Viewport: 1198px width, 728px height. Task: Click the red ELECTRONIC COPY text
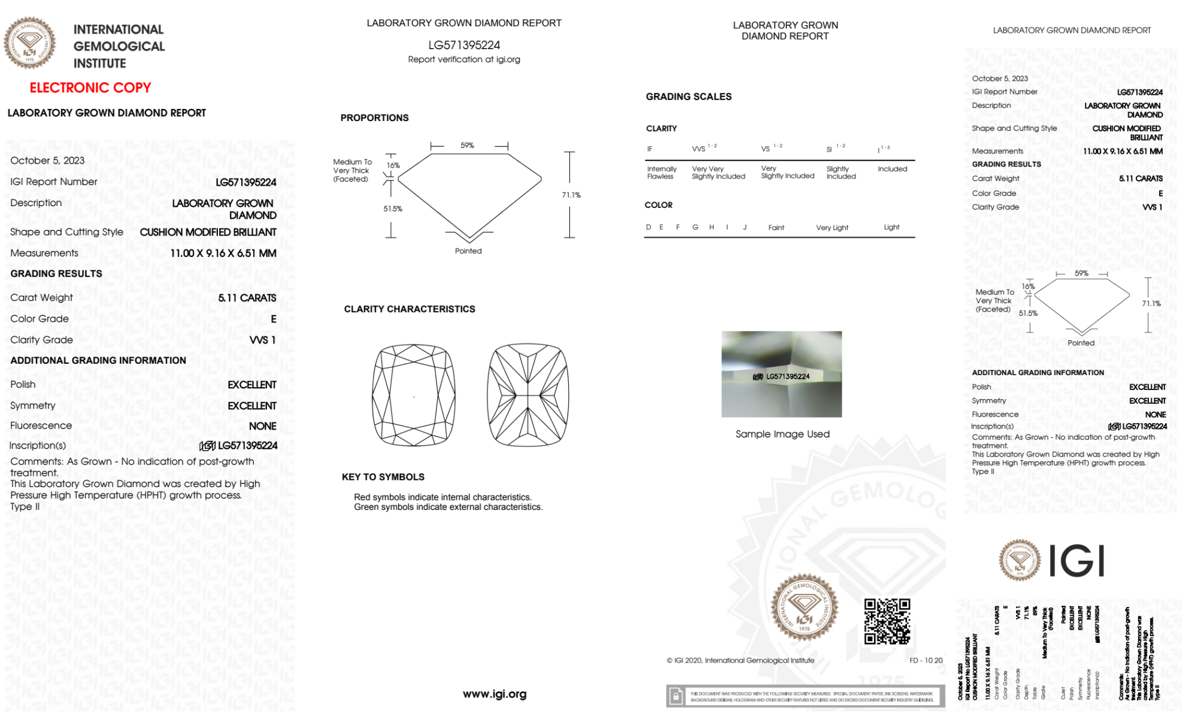coord(90,87)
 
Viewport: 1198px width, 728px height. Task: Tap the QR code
coord(887,621)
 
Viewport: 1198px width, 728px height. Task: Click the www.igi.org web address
coord(495,694)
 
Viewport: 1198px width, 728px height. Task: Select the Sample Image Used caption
coord(783,434)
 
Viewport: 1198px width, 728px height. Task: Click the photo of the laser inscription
coord(781,374)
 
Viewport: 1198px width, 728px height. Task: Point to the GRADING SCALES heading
coord(689,96)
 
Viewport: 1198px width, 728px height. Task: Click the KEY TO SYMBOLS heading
coord(383,477)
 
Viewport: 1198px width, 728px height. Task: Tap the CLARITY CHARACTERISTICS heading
coord(410,309)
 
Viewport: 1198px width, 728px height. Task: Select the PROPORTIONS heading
coord(375,118)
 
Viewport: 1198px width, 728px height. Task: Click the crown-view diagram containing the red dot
coord(414,395)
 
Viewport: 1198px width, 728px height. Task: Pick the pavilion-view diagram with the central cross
coord(527,395)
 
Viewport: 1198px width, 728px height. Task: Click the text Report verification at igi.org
coord(464,59)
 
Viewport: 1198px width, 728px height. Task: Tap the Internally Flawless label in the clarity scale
coord(662,173)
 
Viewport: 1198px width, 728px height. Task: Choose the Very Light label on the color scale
coord(832,228)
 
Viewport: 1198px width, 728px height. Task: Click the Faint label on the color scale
coord(776,228)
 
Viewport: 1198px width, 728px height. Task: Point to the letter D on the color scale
coord(648,227)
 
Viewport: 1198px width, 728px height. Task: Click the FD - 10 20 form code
coord(926,660)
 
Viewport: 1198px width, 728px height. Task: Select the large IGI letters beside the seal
coord(1077,561)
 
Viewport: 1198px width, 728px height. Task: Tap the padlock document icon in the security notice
coord(676,696)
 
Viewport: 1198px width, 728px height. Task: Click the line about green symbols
coord(448,507)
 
